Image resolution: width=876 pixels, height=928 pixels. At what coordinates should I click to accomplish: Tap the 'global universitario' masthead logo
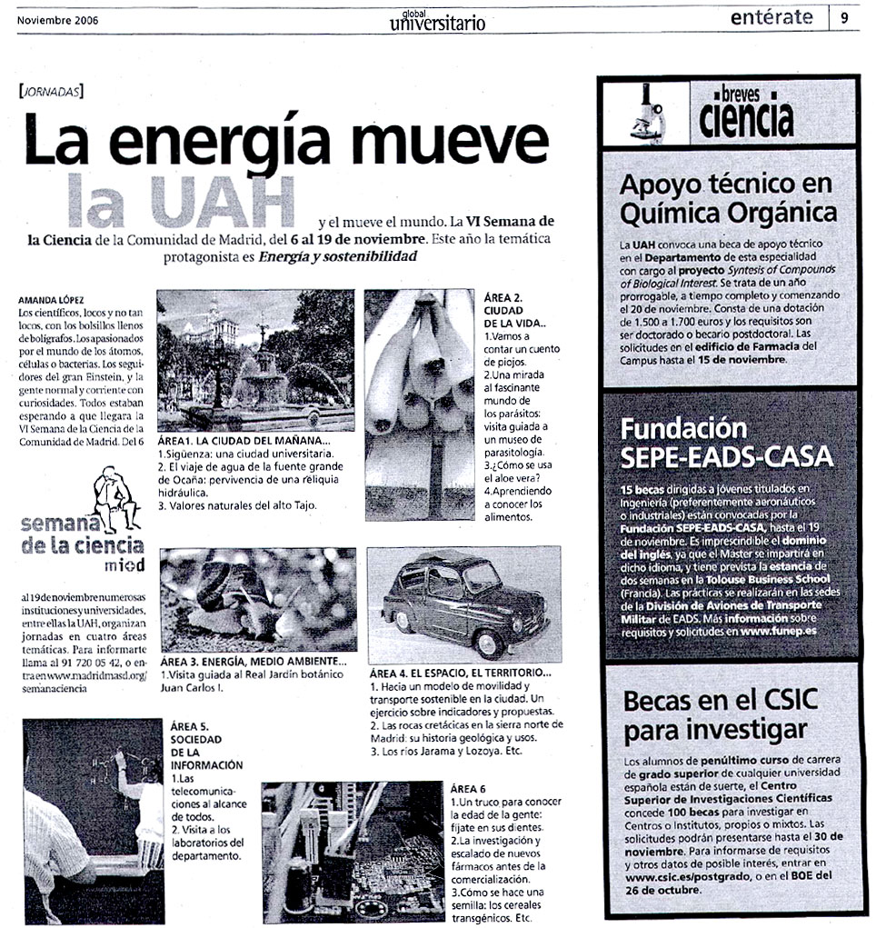(437, 19)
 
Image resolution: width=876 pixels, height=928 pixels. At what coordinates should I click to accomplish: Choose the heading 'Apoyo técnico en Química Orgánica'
(727, 198)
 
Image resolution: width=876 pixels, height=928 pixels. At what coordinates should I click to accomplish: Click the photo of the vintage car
(463, 604)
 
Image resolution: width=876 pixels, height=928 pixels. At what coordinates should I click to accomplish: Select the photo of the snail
(258, 600)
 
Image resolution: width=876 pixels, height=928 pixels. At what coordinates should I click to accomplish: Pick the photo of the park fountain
(255, 360)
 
